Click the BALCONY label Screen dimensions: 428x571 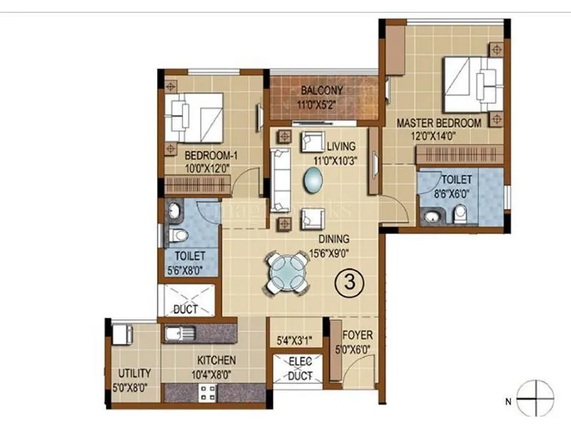(x=322, y=91)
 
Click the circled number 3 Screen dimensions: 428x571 (x=350, y=280)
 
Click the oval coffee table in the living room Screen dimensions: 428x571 (x=313, y=180)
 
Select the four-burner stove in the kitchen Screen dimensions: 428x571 (x=208, y=393)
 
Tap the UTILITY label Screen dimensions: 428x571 (x=135, y=373)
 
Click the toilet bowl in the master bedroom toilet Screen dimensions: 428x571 (x=460, y=213)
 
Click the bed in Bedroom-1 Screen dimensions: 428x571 (x=195, y=116)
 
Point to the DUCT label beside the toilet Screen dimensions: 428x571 (x=185, y=310)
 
